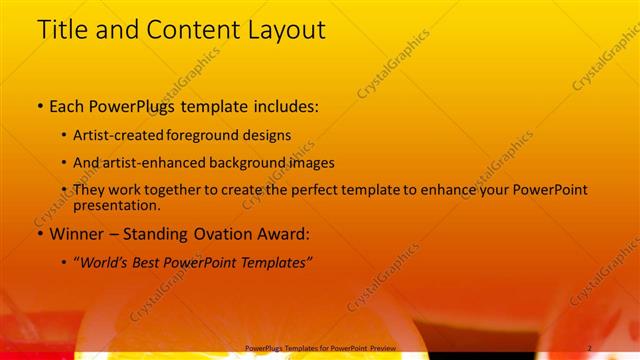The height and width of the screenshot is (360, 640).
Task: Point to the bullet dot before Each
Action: (38, 105)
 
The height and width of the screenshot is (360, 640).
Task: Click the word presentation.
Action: (116, 205)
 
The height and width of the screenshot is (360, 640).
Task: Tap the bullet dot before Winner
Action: (38, 234)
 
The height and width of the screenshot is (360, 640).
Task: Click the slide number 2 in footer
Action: (590, 347)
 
